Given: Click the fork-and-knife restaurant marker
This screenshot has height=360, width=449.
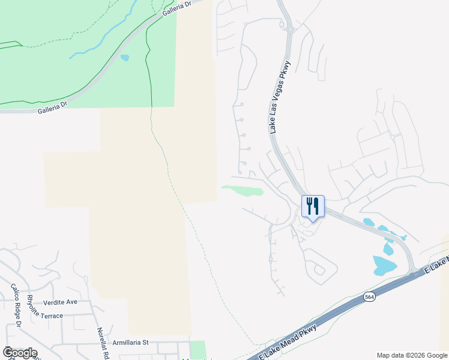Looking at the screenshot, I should click(312, 207).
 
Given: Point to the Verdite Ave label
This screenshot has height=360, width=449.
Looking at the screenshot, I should click(61, 302).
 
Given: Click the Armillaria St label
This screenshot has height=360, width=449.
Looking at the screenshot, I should click(130, 343).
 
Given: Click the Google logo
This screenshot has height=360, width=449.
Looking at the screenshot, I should click(20, 353).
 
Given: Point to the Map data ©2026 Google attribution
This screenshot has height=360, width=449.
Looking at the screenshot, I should click(412, 355).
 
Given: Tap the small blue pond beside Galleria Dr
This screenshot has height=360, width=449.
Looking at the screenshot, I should click(124, 58).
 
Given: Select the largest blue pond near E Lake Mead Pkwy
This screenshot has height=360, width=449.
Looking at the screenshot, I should click(384, 265).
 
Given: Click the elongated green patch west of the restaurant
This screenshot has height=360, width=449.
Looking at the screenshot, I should click(244, 191).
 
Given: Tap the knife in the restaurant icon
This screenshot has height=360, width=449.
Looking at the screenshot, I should click(316, 206).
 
